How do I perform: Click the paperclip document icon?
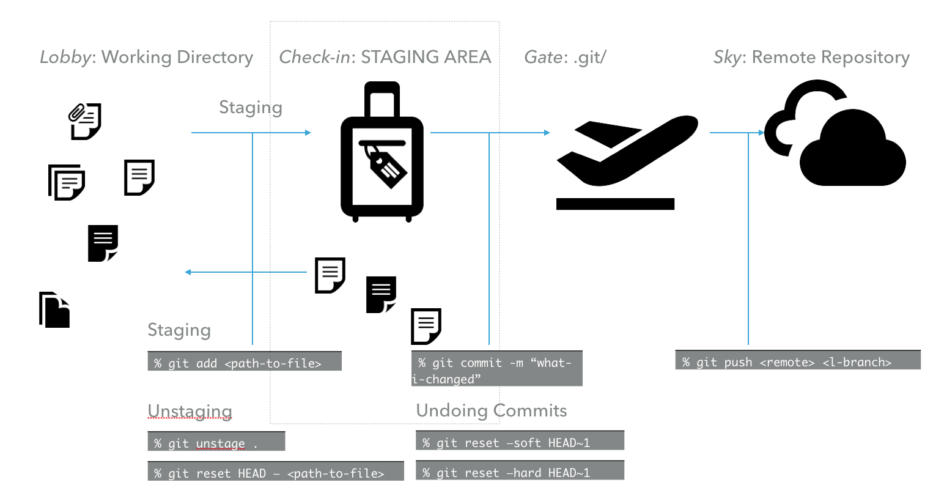tap(84, 120)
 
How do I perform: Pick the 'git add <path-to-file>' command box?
tap(245, 361)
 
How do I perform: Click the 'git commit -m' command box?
tap(496, 369)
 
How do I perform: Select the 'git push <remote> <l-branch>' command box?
tap(798, 360)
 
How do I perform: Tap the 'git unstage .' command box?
tap(216, 442)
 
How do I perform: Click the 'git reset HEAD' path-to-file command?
tap(276, 471)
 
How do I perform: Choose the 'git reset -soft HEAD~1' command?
tap(520, 441)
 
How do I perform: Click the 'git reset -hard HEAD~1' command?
tap(520, 471)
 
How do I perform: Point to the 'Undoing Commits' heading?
tap(492, 410)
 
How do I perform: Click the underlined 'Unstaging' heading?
tap(190, 411)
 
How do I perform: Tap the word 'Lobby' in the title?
tap(65, 57)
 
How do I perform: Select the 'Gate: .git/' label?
tap(565, 57)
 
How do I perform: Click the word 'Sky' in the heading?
tap(727, 57)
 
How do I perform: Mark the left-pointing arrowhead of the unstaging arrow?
tap(188, 272)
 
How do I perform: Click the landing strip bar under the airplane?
tap(615, 204)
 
